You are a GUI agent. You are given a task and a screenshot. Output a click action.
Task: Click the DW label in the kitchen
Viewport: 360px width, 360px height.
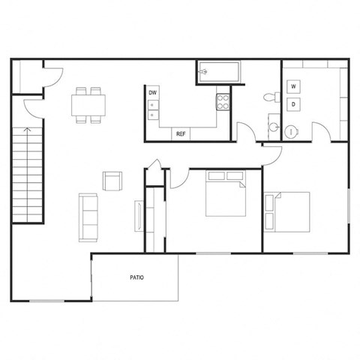click(153, 93)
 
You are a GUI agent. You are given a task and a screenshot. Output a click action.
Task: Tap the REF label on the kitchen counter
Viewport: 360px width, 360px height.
click(181, 134)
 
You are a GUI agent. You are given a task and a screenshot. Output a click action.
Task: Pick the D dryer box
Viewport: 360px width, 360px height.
click(294, 105)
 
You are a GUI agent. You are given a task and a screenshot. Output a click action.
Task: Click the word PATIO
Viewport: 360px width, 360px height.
click(136, 277)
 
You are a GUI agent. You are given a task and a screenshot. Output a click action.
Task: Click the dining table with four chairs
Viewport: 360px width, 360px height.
click(88, 104)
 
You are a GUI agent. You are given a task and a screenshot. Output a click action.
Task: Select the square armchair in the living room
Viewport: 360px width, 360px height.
click(112, 181)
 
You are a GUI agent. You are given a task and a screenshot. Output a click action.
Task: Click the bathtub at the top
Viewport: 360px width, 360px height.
click(218, 73)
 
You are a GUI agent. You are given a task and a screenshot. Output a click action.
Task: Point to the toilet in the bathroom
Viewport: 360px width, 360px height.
click(271, 98)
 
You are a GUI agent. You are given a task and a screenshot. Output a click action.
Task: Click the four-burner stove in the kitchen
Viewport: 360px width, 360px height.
click(223, 101)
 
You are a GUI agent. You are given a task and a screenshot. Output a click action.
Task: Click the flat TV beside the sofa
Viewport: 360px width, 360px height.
click(137, 216)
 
